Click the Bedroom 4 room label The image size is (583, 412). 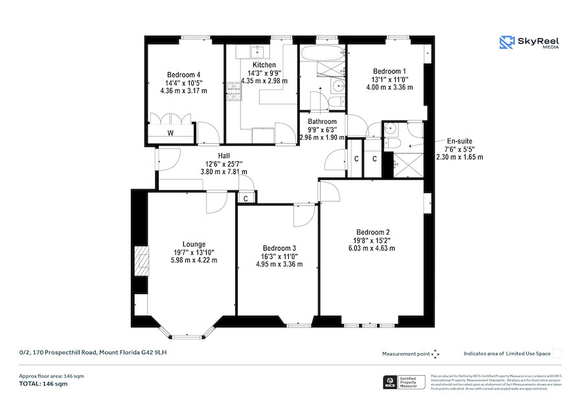coord(183,74)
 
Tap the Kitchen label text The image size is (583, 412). coord(264,65)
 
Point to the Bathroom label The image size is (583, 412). coord(322,121)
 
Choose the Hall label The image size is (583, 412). coord(224,155)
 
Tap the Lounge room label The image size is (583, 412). coord(194,244)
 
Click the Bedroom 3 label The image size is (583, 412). coord(279,248)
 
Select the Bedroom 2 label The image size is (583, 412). coord(372,232)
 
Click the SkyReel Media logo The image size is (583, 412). coord(529,43)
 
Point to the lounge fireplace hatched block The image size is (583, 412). coord(141,261)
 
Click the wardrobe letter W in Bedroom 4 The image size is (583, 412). coord(170,133)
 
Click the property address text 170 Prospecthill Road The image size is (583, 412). coord(97,352)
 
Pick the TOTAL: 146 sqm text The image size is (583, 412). coord(43,383)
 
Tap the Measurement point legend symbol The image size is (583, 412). coord(435,354)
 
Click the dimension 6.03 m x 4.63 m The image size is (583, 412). coord(372,248)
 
